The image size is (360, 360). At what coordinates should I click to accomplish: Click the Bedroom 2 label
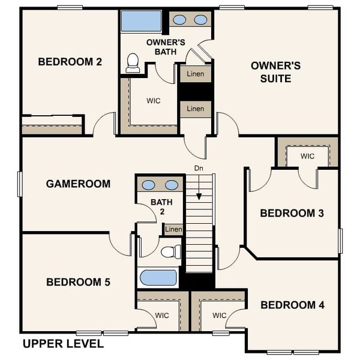[70, 61]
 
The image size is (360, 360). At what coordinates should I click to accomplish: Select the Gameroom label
[78, 184]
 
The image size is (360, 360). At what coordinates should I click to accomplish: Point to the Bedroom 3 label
[292, 213]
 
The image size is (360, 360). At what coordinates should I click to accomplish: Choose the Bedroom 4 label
[292, 305]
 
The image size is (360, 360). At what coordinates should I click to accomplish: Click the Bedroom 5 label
[78, 282]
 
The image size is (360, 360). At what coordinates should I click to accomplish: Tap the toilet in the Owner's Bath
[133, 63]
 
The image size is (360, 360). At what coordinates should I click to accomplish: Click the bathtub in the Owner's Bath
[141, 22]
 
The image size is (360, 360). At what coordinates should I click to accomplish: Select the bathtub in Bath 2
[158, 278]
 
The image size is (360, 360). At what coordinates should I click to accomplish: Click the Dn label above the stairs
[199, 169]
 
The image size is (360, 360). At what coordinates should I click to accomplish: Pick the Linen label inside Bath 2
[173, 229]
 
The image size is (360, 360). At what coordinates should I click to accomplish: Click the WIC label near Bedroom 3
[307, 156]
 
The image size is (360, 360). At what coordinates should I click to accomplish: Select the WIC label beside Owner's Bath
[154, 101]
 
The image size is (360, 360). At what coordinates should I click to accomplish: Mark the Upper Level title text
[63, 344]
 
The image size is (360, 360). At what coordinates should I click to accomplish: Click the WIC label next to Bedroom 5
[162, 315]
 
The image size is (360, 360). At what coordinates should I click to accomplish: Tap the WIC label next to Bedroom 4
[219, 315]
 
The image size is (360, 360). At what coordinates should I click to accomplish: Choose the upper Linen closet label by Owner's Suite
[196, 74]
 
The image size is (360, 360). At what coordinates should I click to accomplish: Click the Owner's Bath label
[166, 47]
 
